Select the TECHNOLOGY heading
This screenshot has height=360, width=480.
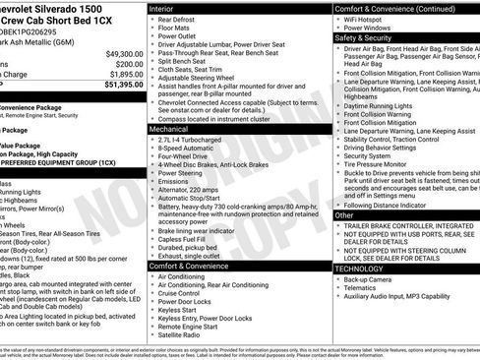360,267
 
